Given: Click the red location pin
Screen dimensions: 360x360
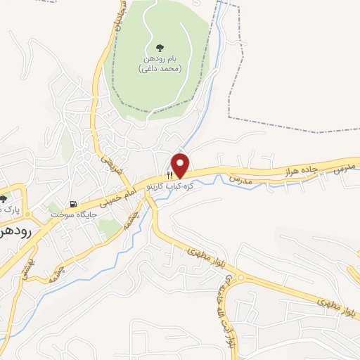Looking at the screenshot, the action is pyautogui.click(x=181, y=165).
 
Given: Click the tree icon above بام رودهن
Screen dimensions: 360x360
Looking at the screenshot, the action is pyautogui.click(x=160, y=48).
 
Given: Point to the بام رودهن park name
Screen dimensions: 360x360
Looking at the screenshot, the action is pyautogui.click(x=160, y=60).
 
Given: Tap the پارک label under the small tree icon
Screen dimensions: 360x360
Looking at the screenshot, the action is pyautogui.click(x=7, y=209).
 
